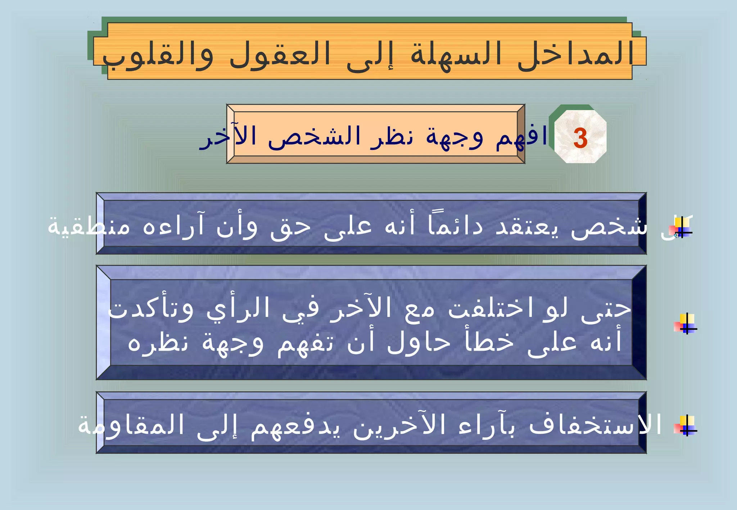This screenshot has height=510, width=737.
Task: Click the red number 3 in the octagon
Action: (580, 138)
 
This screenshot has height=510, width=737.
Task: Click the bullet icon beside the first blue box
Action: (681, 228)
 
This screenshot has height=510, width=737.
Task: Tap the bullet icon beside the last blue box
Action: (686, 425)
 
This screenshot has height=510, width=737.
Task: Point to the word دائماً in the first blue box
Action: (455, 226)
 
